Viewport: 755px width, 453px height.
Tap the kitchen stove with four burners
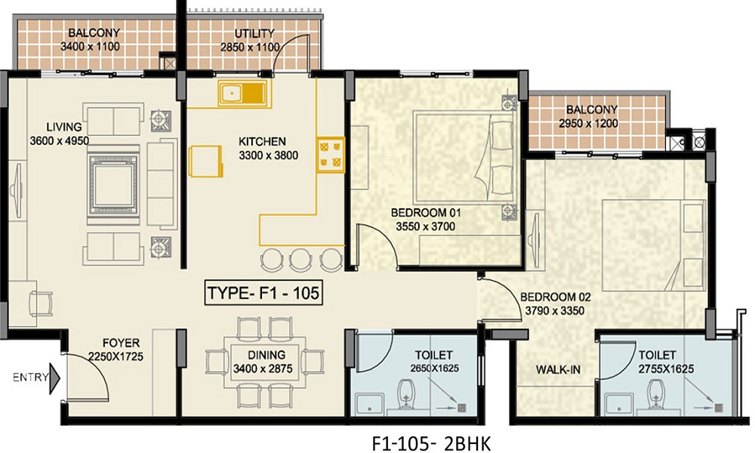pos(331,155)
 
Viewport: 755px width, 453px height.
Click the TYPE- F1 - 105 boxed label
pos(263,293)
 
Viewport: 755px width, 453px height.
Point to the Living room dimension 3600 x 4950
pos(59,141)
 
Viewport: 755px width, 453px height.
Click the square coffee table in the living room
pos(113,185)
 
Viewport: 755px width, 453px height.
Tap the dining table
pos(267,362)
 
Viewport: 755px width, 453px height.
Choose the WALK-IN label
pos(558,370)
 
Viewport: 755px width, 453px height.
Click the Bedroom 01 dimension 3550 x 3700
pos(425,226)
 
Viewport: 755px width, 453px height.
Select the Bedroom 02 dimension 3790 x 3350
pos(555,311)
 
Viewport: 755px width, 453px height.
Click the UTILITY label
pos(254,33)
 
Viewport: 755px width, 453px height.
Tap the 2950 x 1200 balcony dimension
pos(588,124)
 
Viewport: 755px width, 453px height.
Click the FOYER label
pos(121,344)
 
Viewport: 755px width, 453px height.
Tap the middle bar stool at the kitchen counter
pos(300,259)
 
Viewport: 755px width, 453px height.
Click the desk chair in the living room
pos(42,304)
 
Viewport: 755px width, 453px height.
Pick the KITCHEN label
pos(263,141)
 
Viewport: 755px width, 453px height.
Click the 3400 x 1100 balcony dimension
pos(90,47)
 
